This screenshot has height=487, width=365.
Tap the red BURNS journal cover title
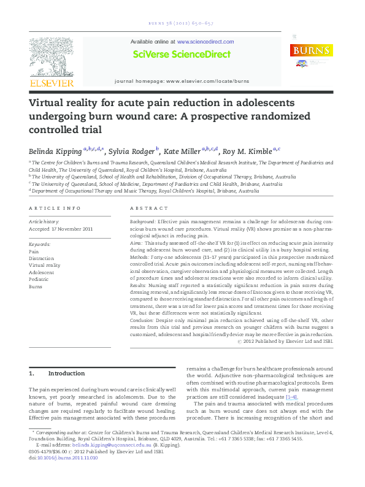point(311,51)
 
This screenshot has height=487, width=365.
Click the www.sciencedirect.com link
point(206,42)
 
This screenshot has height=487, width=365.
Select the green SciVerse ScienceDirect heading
point(182,54)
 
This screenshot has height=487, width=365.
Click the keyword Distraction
point(41,258)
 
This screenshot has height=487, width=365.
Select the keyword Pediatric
point(39,279)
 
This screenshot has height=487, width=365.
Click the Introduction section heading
point(66,374)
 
